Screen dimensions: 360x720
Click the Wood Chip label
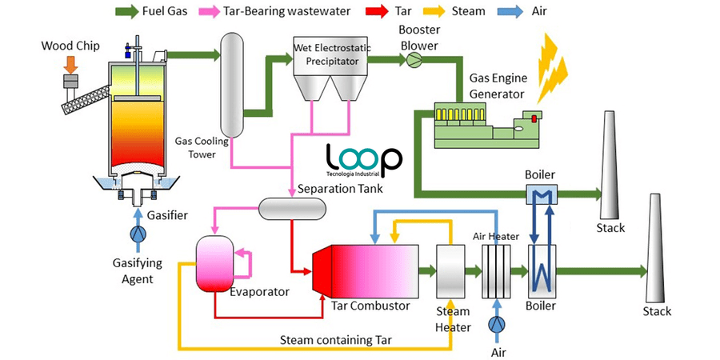point(70,46)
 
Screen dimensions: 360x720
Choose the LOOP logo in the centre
point(364,160)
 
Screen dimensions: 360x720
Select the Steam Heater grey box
point(451,268)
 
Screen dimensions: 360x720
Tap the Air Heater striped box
point(497,268)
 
